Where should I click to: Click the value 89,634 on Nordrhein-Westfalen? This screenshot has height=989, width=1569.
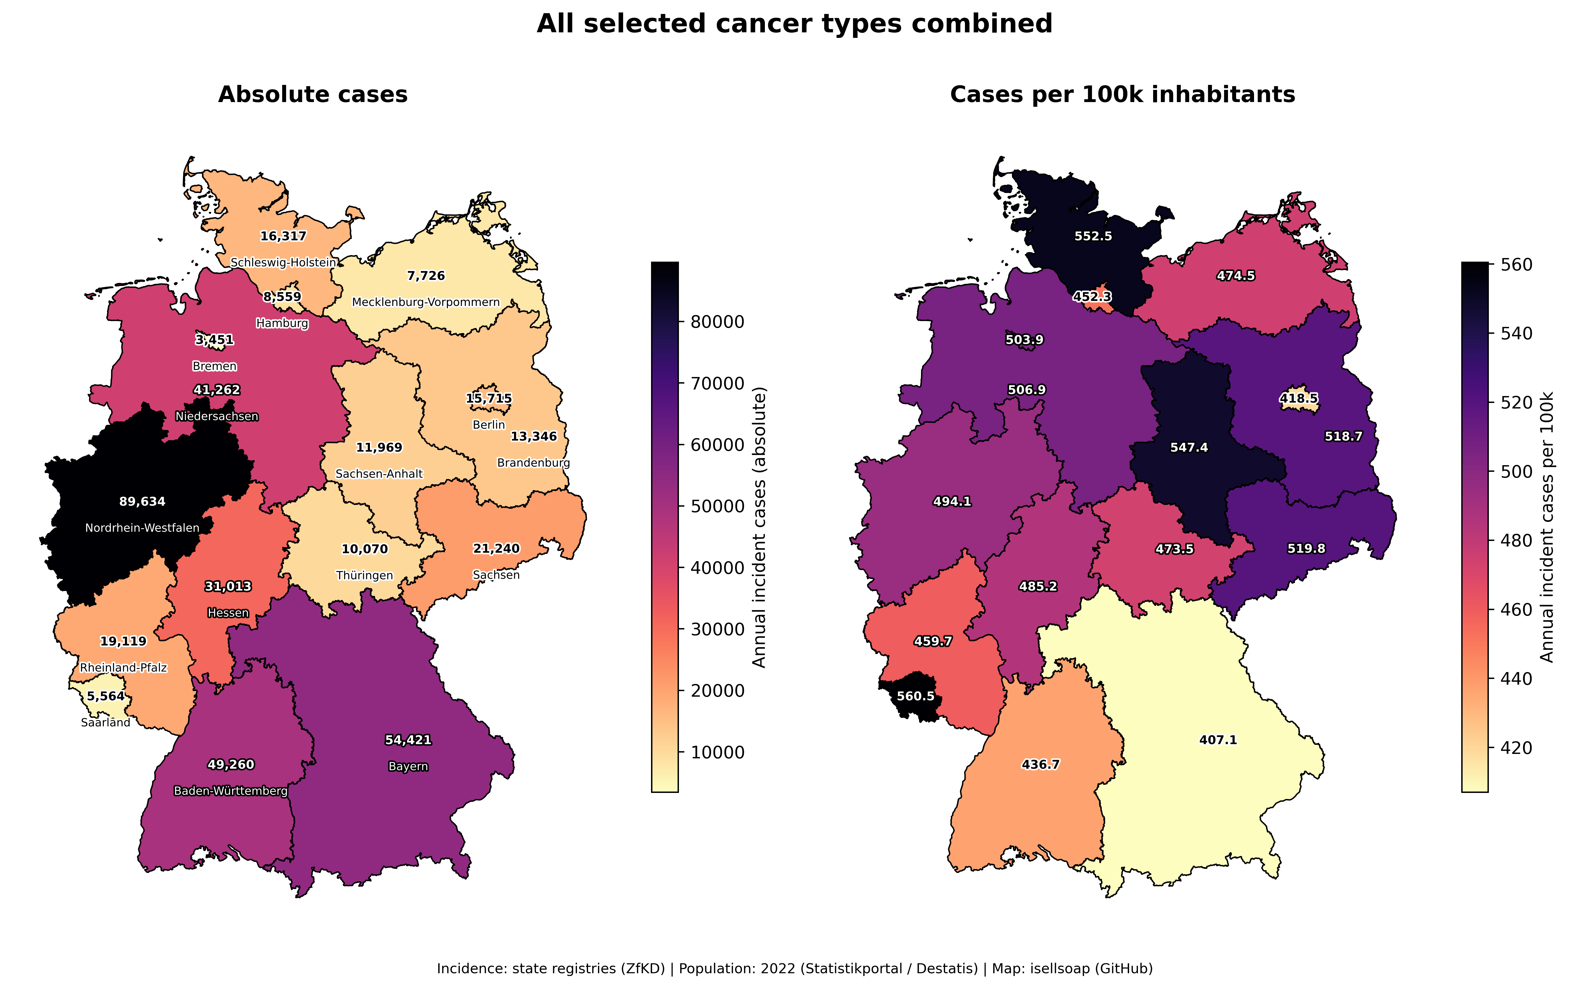142,501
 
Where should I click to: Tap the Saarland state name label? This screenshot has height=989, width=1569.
106,722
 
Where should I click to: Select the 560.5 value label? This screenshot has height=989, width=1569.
915,696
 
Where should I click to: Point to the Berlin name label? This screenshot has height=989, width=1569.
489,425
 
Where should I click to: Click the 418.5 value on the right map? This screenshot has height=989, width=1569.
1298,398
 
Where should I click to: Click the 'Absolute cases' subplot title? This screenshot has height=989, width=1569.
313,95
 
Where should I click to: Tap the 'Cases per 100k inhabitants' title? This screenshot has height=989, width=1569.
1122,95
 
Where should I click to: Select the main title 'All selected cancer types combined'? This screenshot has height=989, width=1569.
794,24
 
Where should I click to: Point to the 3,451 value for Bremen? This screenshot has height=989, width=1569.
214,340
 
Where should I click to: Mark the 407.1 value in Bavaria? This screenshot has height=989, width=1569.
1218,740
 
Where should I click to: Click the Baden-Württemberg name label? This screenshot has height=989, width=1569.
231,791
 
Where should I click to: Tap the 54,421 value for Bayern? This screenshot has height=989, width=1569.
408,740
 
